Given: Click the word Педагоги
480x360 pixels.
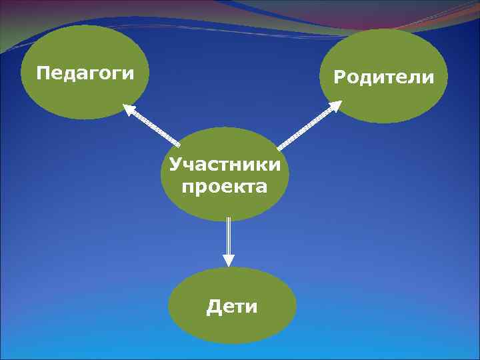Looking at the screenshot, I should (x=84, y=72).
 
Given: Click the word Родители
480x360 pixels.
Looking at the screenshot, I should (x=383, y=78).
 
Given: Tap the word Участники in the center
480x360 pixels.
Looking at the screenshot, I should (x=225, y=164).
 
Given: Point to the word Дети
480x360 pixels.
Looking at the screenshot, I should (x=231, y=307).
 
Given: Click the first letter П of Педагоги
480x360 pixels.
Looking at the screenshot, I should (x=43, y=71).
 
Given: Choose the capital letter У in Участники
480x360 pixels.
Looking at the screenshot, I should (x=175, y=164).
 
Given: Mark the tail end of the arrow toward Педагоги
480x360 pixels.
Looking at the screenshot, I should (x=178, y=144).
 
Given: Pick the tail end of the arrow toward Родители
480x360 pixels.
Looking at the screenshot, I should (x=279, y=147).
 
